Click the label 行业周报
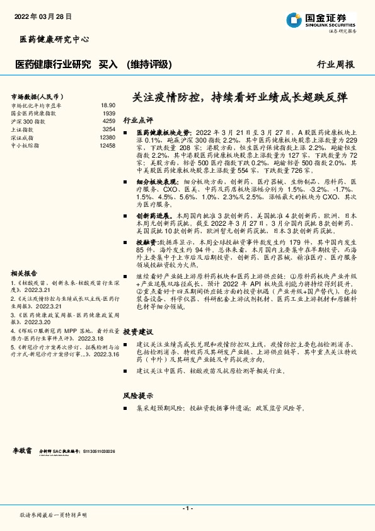pyautogui.click(x=335, y=64)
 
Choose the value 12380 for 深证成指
pyautogui.click(x=107, y=137)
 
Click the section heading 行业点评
pyautogui.click(x=138, y=120)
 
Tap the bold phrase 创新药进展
pyautogui.click(x=153, y=216)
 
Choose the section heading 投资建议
pyautogui.click(x=138, y=331)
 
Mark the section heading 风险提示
pyautogui.click(x=138, y=396)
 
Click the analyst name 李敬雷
pyautogui.click(x=23, y=452)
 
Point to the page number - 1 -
pyautogui.click(x=187, y=508)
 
